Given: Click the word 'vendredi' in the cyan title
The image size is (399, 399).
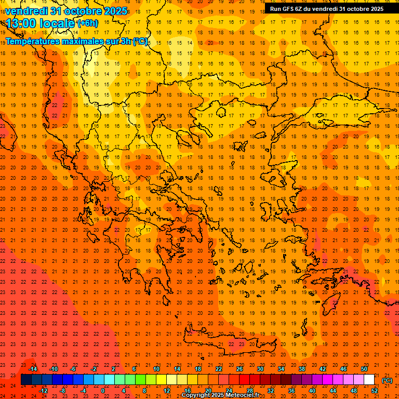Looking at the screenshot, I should point(27,11).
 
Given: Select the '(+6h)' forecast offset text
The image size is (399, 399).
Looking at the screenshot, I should point(87,23).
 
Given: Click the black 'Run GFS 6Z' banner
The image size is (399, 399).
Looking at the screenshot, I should point(327,8).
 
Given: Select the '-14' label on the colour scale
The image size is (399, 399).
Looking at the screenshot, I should point(33,369).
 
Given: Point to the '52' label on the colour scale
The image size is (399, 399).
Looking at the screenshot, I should point(375,391).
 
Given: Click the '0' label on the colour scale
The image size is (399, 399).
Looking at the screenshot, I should point(103,391).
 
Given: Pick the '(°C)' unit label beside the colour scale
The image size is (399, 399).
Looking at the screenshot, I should point(387,380).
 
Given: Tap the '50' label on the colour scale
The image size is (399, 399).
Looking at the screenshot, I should point(364,369).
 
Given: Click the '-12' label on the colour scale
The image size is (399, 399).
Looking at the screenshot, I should point(43,391).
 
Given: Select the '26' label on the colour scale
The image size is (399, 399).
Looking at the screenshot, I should point(239,369).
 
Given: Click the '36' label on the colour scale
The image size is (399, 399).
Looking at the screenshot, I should point(291,391).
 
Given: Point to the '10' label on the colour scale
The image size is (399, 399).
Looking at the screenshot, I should point(156,369).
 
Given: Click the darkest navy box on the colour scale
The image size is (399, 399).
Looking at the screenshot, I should point(26,380).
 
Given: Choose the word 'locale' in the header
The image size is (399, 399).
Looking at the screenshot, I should point(58,23).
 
